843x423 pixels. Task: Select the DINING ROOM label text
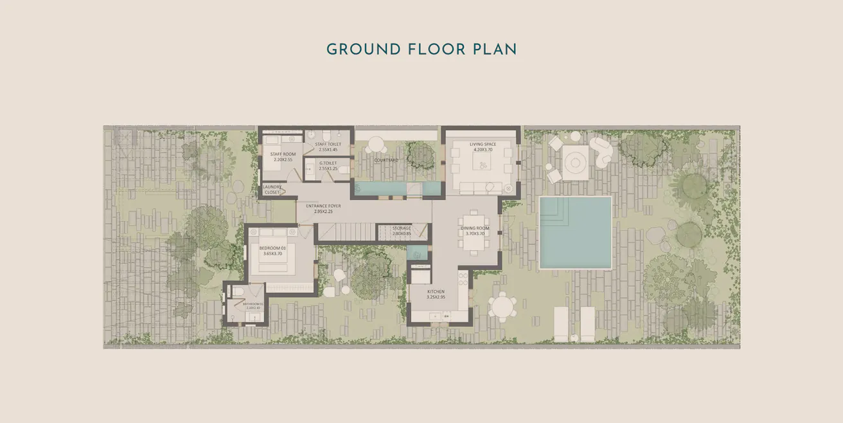[x=475, y=228]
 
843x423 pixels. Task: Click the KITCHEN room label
[x=436, y=291]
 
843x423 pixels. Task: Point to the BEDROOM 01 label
[x=272, y=248]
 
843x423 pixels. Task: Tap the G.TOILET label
[x=328, y=163]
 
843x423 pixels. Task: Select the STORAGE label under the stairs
[x=402, y=228]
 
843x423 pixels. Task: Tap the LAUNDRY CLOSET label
[x=272, y=190]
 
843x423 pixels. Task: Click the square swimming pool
[x=575, y=232]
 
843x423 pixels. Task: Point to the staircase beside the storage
[x=347, y=231]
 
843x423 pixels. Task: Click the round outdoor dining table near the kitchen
[x=502, y=305]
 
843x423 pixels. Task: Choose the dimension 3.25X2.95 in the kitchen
[x=436, y=298]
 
